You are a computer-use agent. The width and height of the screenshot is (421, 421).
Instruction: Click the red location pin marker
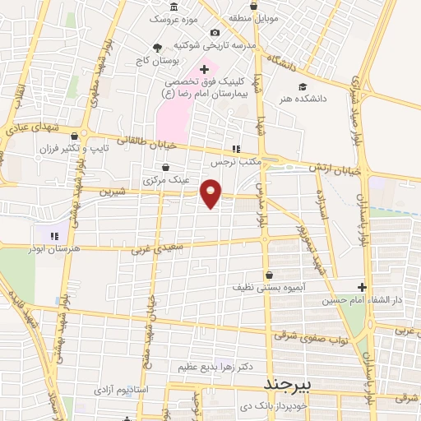211,194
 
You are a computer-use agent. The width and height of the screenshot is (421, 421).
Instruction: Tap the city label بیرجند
289,385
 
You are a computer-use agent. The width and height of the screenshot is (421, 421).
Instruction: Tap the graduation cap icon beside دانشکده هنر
303,86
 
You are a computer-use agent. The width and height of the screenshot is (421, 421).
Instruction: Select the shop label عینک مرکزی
166,178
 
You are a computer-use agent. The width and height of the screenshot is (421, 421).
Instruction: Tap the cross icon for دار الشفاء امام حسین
362,287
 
